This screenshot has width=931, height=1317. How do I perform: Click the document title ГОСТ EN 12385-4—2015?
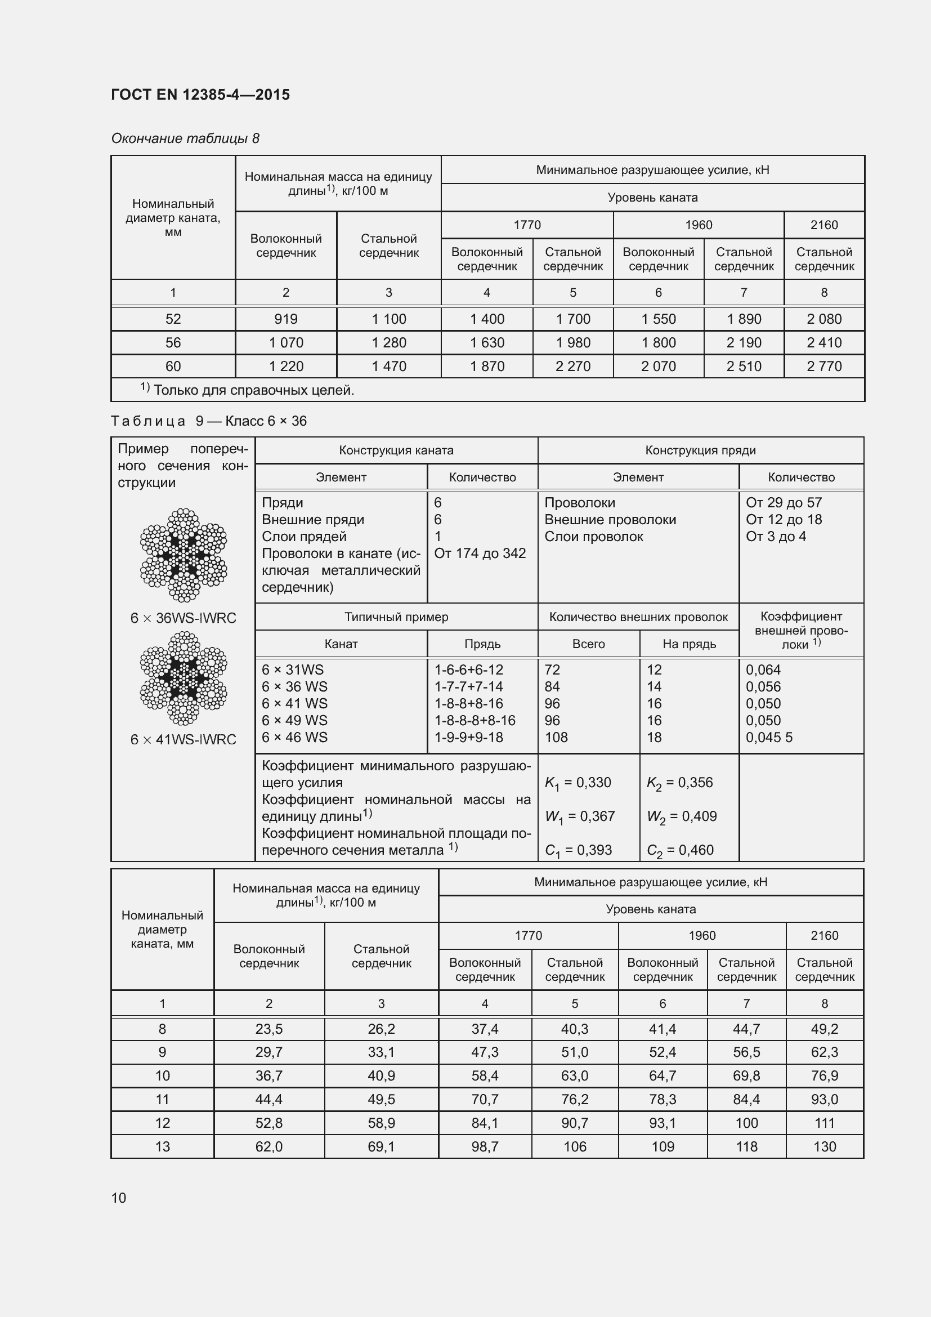point(200,95)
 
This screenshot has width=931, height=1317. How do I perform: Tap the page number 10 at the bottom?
point(119,1198)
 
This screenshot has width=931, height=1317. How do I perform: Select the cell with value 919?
point(285,319)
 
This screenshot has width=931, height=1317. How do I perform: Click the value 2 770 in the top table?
point(824,367)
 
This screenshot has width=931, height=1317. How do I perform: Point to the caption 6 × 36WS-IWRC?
point(183,618)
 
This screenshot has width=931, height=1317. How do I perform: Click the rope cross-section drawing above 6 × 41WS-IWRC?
point(183,678)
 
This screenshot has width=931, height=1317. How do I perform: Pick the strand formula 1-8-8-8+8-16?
point(475,721)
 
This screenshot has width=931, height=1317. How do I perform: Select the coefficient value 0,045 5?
point(769,738)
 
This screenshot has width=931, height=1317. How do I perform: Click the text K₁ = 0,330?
point(578,783)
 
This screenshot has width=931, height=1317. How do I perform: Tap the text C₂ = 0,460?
point(680,851)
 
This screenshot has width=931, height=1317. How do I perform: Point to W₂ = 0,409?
point(682,817)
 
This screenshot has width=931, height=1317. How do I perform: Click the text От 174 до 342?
point(480,553)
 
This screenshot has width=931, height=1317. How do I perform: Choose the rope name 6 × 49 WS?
point(294,721)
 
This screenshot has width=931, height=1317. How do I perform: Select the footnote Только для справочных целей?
point(253,391)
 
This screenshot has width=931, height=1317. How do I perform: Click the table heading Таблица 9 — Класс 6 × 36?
point(209,421)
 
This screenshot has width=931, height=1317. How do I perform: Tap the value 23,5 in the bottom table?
point(269,1029)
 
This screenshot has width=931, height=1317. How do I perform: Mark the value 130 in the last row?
point(825,1146)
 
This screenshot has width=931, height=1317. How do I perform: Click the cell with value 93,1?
point(662,1123)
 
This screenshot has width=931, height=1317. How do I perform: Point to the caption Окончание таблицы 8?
point(185,139)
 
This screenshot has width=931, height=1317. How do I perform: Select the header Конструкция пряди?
point(700,450)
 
